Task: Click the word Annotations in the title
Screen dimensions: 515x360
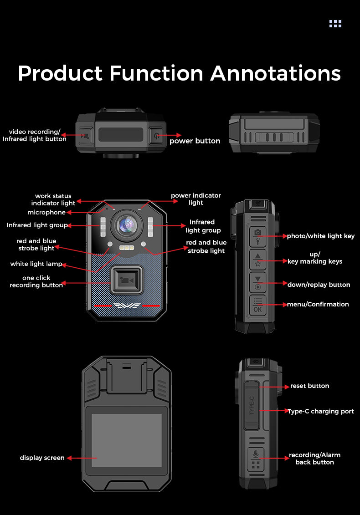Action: click(x=275, y=73)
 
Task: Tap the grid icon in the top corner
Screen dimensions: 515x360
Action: click(x=335, y=24)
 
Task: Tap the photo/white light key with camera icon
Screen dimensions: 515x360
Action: click(x=257, y=236)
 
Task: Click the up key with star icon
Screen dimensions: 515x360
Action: click(x=257, y=260)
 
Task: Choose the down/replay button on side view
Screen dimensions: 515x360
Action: click(x=257, y=283)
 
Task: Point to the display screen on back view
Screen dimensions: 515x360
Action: click(x=127, y=440)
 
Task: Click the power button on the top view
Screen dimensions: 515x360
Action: click(x=156, y=135)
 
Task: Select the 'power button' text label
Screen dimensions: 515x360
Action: click(x=195, y=141)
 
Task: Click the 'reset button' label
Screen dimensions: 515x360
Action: click(x=309, y=386)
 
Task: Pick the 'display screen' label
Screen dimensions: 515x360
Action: click(x=42, y=458)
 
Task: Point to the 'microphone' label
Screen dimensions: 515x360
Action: click(x=46, y=213)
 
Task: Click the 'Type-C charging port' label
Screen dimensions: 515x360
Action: click(x=320, y=411)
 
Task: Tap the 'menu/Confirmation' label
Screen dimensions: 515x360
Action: click(x=318, y=304)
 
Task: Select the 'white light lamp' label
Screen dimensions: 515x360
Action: click(x=36, y=264)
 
